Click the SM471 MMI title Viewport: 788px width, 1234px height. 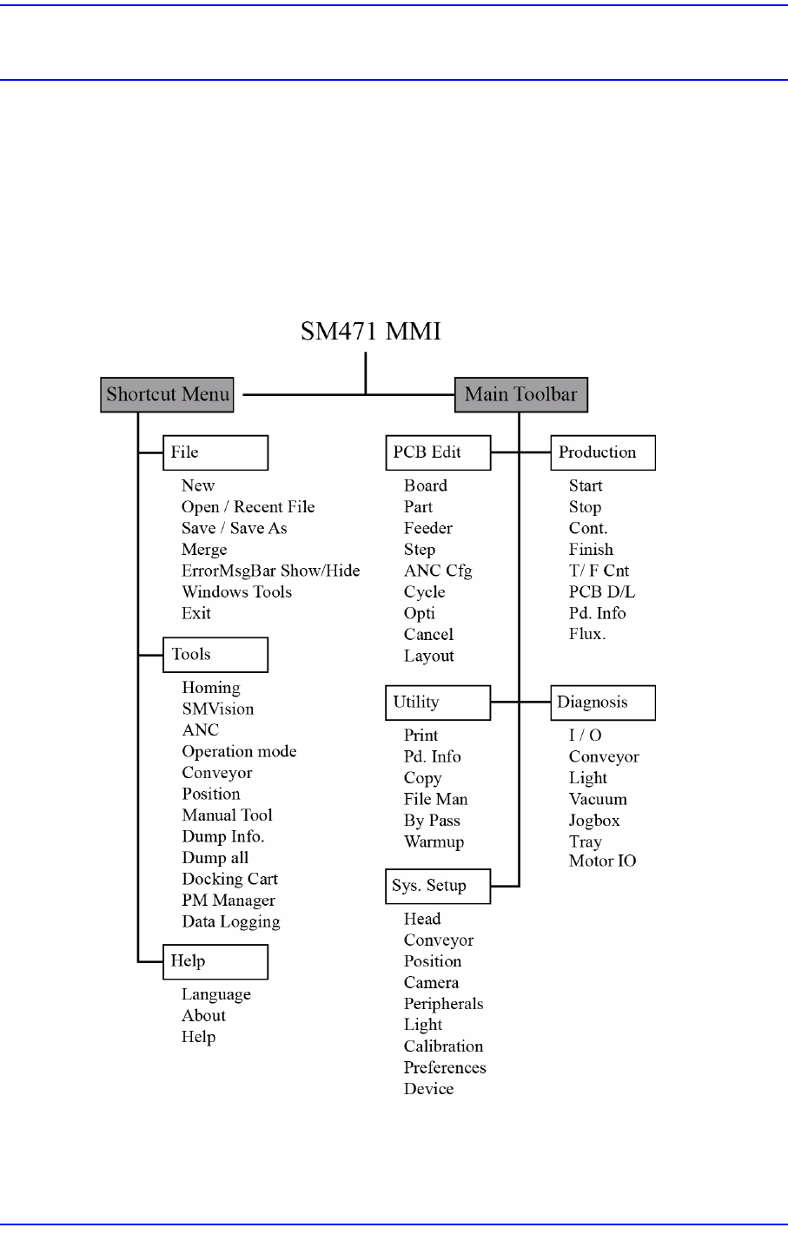(x=371, y=332)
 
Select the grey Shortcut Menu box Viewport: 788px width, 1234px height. (x=168, y=394)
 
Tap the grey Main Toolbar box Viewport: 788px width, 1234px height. (x=521, y=394)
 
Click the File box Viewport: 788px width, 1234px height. (x=215, y=452)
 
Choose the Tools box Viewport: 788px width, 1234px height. (x=215, y=655)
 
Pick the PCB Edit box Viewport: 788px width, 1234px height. (x=438, y=452)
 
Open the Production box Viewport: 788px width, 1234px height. (x=603, y=452)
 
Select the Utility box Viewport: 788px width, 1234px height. (x=438, y=703)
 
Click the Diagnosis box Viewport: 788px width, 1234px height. (x=603, y=703)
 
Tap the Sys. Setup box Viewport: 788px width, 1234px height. (x=438, y=886)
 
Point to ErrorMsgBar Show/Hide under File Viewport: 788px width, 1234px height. (x=270, y=571)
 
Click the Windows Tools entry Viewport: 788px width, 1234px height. (x=236, y=592)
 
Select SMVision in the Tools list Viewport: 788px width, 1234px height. (x=218, y=709)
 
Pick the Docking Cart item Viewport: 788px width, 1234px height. (x=229, y=879)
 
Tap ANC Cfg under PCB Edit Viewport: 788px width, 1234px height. (x=438, y=571)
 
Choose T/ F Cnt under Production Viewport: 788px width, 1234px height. (x=599, y=571)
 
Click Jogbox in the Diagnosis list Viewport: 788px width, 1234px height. (x=594, y=821)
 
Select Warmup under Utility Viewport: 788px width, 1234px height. (x=434, y=841)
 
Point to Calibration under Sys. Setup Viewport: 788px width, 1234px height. (x=443, y=1046)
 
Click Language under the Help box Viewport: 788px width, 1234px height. (x=216, y=994)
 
